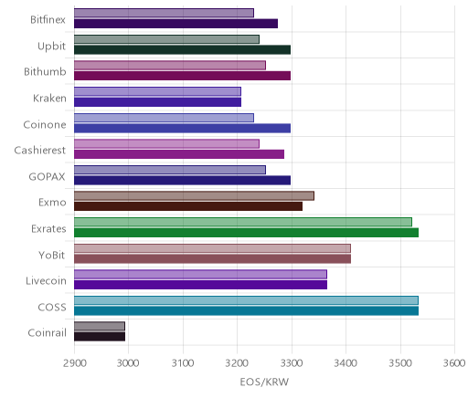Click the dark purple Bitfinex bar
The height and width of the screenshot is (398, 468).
coord(175,24)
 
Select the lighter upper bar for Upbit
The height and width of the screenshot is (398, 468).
coord(166,39)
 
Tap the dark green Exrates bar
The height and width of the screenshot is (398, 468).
coord(246,233)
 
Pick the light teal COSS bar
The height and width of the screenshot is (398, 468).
coord(246,300)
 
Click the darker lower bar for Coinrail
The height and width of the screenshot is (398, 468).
coord(100,337)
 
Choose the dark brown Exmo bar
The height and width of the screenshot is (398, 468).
coord(188,206)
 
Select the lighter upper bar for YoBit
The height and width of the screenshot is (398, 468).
coord(212,248)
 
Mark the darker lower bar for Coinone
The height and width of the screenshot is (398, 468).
coord(182,128)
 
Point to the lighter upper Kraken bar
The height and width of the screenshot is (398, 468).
coord(157,91)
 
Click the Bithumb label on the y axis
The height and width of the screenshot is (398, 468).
coord(45,72)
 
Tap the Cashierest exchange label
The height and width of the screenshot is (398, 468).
coord(40,151)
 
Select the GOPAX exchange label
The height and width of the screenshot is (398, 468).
coord(47,177)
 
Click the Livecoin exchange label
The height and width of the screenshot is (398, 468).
coord(46,280)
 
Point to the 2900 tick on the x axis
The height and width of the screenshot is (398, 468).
coord(74,363)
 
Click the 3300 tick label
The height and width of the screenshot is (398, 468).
coord(292,363)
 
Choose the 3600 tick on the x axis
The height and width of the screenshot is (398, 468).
coord(454,363)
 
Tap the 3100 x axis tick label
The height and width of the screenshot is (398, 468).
coord(183,363)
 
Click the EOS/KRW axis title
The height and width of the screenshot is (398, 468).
coord(264,382)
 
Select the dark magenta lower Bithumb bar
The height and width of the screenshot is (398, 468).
coord(182,76)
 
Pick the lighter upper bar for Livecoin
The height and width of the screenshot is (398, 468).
coord(200,274)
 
